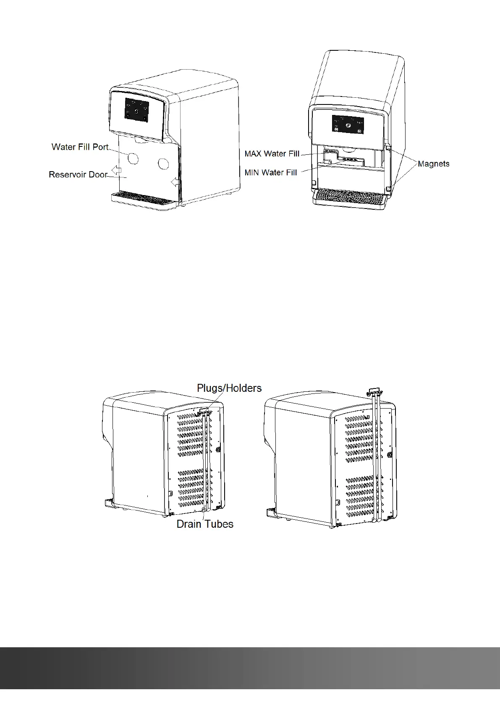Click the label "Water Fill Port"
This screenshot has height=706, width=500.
(80, 147)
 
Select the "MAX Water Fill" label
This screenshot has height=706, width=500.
(272, 154)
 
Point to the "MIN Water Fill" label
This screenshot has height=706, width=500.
(271, 172)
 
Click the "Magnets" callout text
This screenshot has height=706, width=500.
(433, 164)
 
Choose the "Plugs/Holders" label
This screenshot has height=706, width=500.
(229, 388)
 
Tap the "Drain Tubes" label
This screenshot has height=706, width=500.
(205, 524)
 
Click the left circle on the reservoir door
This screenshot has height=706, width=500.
(132, 159)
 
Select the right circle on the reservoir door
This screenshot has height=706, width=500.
(163, 164)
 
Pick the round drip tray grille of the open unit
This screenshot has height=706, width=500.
(348, 196)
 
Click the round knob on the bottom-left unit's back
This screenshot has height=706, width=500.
(218, 450)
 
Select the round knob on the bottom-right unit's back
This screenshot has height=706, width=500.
(390, 454)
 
